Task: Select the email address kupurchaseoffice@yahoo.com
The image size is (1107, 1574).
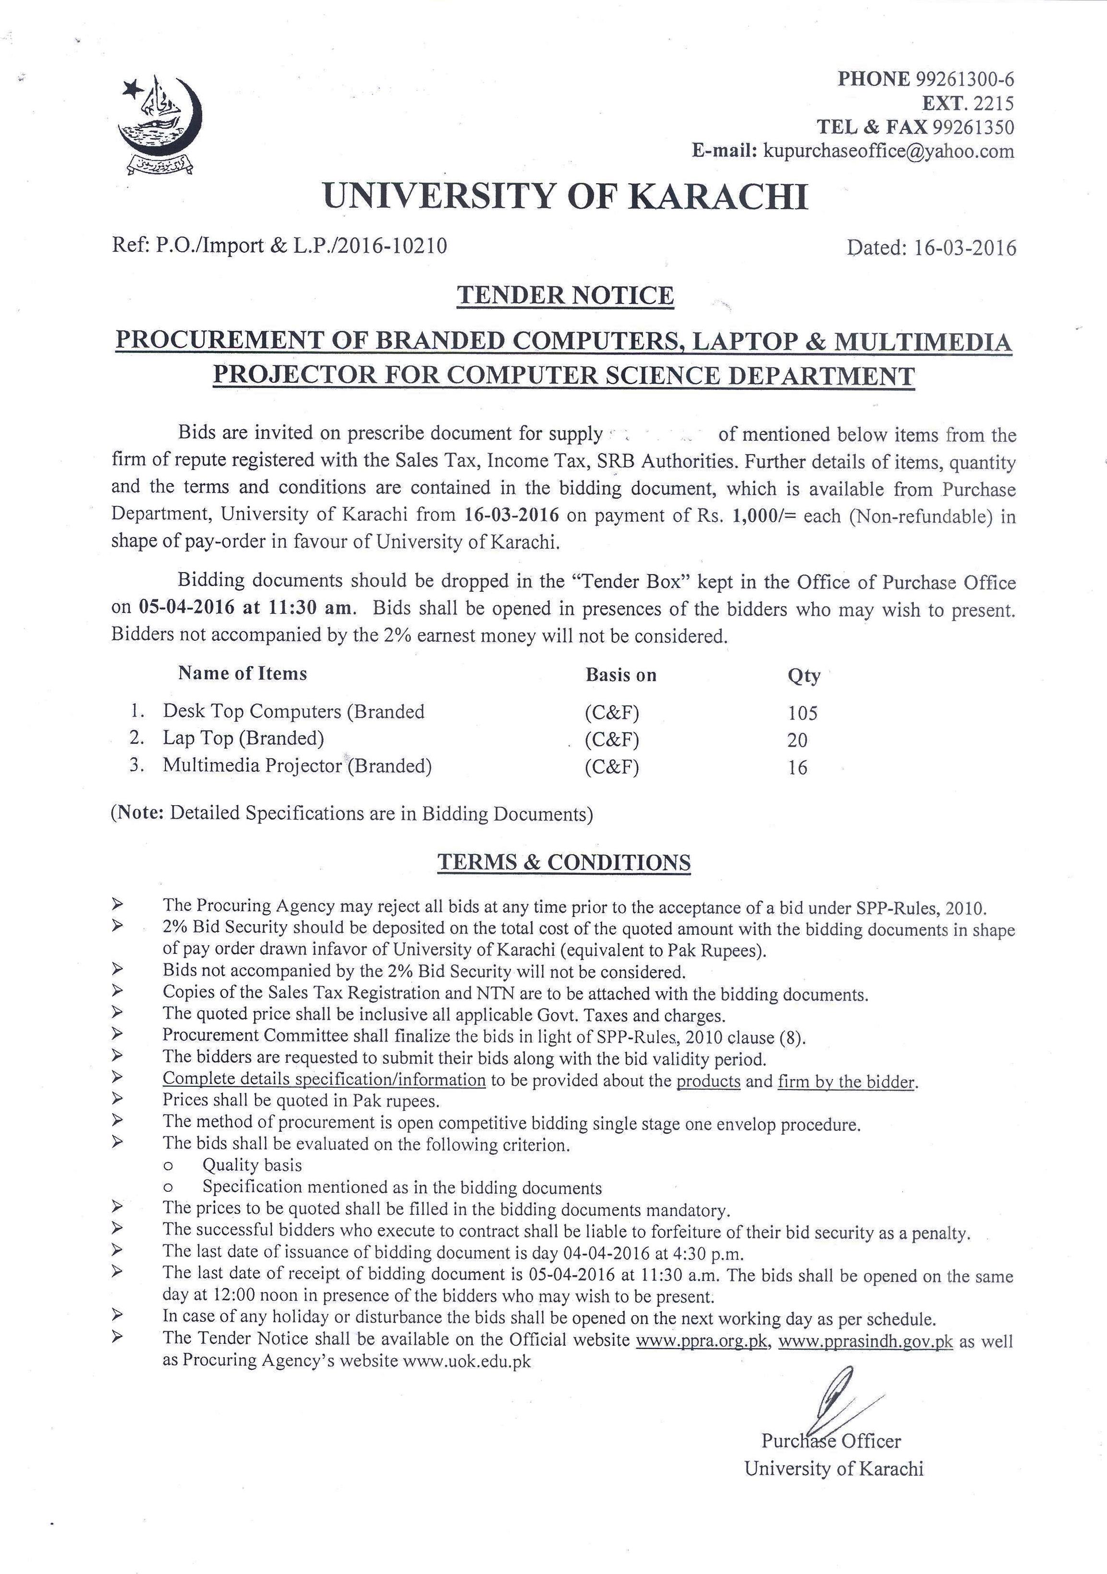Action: point(888,151)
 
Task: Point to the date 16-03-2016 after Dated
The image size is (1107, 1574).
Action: point(965,247)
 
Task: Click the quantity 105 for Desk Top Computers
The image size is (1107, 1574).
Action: point(802,714)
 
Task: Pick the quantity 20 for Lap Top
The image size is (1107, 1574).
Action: point(797,740)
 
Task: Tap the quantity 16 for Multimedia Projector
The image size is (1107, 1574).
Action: point(797,768)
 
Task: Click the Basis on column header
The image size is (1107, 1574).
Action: point(620,675)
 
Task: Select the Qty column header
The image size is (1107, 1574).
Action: point(804,676)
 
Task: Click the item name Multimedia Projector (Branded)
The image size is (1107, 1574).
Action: point(297,766)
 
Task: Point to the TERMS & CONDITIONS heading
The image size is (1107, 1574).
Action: point(564,862)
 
